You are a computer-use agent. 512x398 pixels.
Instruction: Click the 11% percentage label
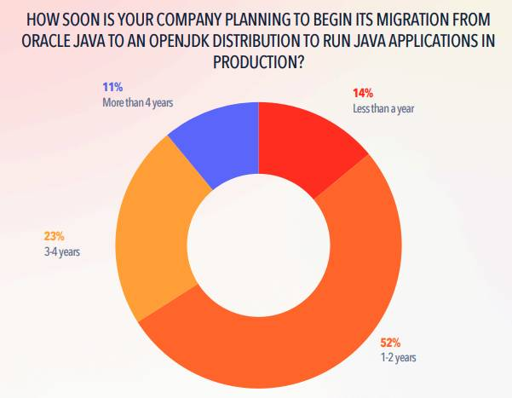(112, 87)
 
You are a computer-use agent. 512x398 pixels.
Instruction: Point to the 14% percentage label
(362, 93)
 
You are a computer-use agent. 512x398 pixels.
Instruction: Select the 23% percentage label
(55, 236)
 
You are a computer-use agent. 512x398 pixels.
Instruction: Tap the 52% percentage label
(390, 343)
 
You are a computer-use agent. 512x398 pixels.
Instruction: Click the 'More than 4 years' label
(138, 102)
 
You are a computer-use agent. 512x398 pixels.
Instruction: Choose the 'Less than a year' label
(383, 108)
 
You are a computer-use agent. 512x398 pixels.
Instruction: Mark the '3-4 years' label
(62, 251)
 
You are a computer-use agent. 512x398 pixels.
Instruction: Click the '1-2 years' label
(399, 357)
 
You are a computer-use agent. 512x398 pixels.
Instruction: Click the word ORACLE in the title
(46, 41)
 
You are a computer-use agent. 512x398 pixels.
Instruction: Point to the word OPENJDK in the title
(177, 41)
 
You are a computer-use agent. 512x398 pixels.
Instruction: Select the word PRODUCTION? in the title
(259, 61)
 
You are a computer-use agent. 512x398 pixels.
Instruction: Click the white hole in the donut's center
(259, 245)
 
